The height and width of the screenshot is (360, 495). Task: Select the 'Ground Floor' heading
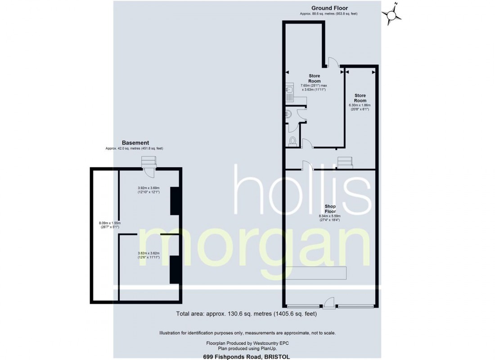click(329, 8)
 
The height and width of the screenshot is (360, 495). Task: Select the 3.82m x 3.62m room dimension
click(148, 255)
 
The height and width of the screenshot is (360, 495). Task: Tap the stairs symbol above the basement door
click(148, 161)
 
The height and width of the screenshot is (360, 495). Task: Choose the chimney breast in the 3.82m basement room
click(174, 269)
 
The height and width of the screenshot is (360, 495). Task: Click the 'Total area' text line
click(246, 314)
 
